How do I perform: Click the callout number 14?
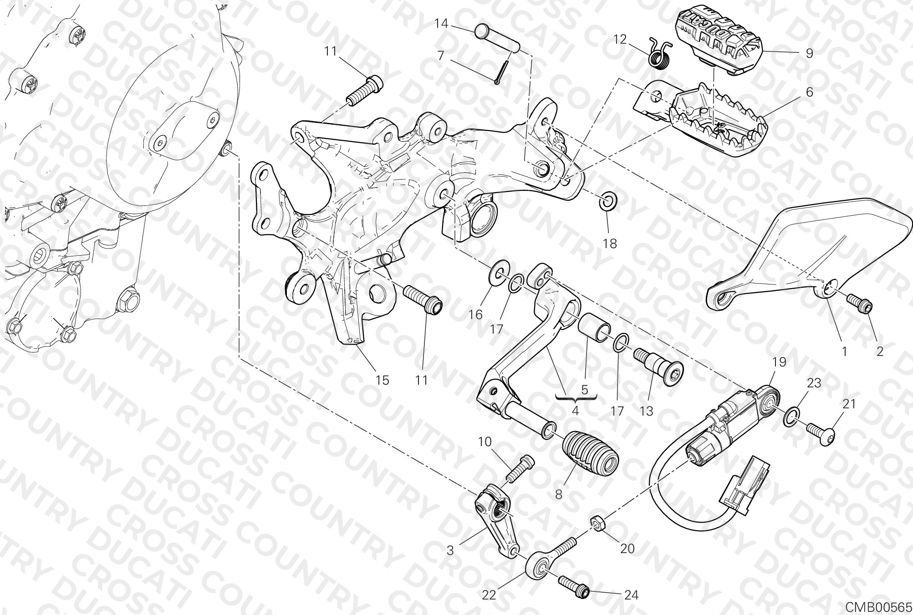coord(442,23)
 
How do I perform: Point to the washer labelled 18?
coord(607,201)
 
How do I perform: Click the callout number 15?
coord(383,380)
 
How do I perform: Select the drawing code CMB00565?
coord(879,607)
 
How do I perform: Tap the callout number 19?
coord(779,362)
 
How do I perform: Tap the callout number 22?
coord(489,595)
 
